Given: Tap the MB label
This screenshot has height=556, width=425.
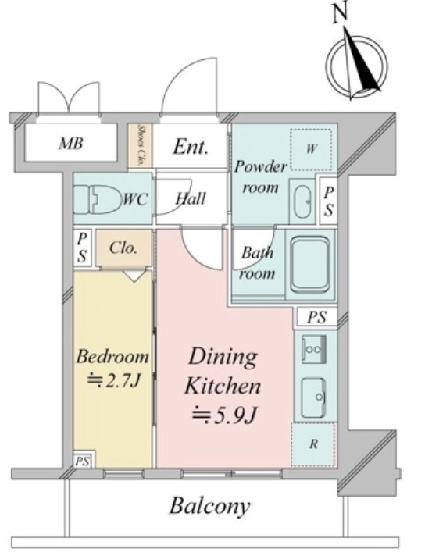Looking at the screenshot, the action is [x=71, y=144].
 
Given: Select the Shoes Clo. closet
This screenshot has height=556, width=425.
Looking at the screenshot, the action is [x=140, y=145].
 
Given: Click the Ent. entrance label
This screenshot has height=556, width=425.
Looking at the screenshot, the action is [x=190, y=147].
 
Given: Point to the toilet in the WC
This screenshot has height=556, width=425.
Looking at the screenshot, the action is [x=97, y=199].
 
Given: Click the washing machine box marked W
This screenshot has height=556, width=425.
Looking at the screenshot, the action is [x=311, y=149].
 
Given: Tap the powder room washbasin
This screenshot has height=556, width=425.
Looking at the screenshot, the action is [x=302, y=201].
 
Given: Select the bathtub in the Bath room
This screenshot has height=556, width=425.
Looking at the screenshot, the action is [x=309, y=264].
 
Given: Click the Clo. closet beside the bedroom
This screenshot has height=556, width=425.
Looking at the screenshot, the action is [x=123, y=248].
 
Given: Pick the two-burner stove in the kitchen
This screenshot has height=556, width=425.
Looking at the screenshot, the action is [x=313, y=349].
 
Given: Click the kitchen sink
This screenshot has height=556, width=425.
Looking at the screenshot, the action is [x=313, y=397].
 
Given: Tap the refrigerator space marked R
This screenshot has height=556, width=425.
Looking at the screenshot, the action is [x=313, y=444].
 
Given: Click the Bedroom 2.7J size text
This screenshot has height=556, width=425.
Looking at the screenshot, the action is [x=114, y=381].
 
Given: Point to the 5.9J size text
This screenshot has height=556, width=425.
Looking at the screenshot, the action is [x=223, y=415].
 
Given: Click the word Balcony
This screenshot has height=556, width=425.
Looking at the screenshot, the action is [x=209, y=507].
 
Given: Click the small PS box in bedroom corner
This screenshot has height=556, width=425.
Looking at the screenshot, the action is [x=82, y=462].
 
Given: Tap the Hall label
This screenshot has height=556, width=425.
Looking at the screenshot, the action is [x=191, y=198].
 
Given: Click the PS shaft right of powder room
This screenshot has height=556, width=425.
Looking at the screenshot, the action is [x=328, y=201].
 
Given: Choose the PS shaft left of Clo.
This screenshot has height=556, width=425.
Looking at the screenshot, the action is [x=82, y=248].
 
